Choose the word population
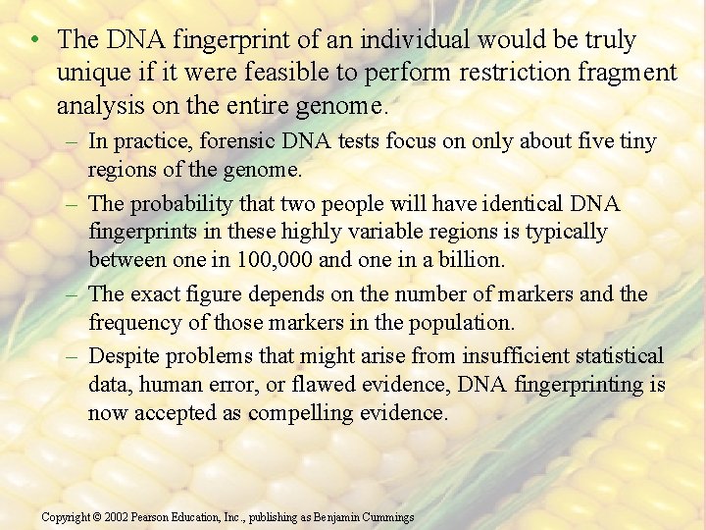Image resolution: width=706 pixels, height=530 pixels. pos(464,322)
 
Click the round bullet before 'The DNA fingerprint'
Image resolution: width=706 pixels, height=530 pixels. pos(34,40)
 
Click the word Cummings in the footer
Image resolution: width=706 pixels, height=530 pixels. pos(387,517)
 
